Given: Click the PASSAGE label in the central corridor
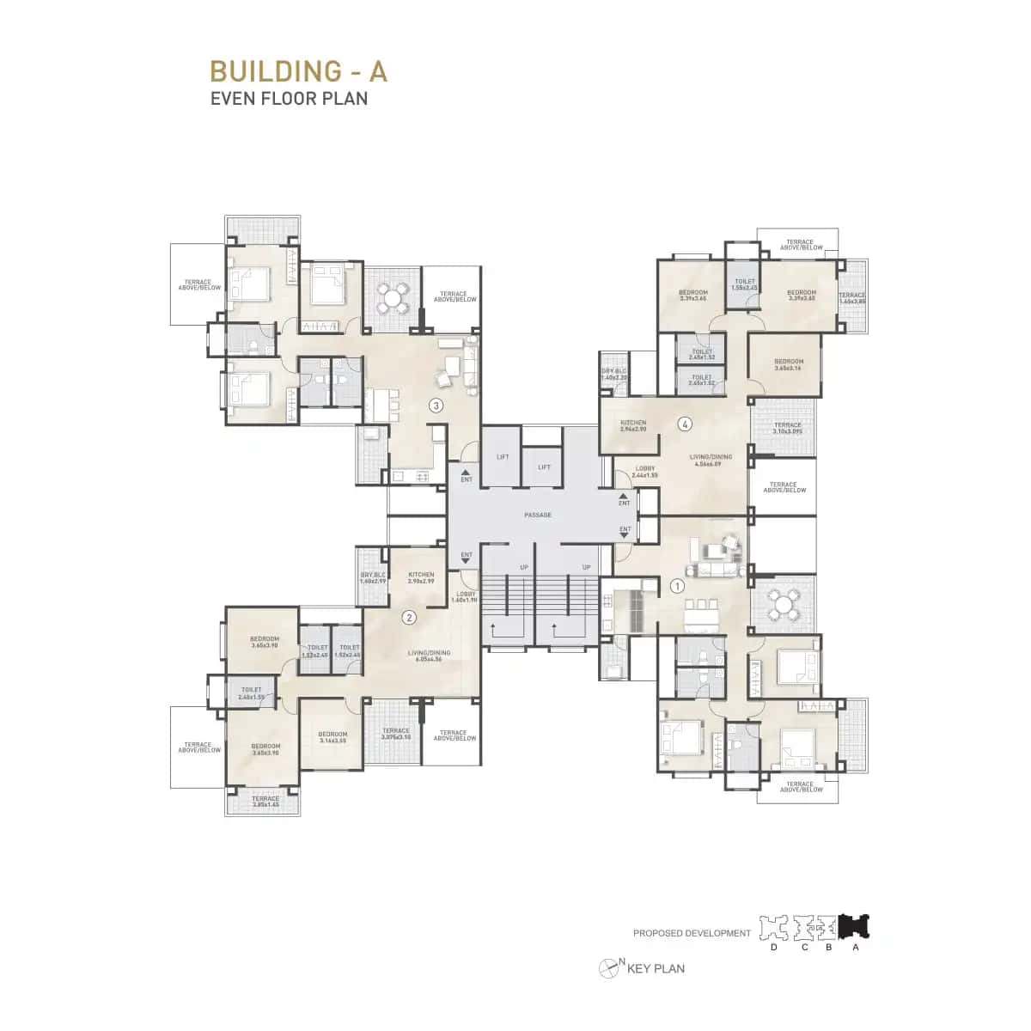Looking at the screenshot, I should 538,515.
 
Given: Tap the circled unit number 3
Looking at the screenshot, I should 436,406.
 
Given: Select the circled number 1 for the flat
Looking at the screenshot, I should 676,587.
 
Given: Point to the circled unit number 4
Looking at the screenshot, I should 685,423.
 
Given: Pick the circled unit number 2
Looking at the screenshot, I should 410,616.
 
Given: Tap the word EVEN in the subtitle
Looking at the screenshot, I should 230,98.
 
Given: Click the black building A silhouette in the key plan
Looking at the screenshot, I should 856,927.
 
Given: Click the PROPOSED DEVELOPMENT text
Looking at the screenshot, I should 692,933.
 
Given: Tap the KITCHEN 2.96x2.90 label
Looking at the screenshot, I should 634,425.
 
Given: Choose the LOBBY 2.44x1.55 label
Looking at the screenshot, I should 645,472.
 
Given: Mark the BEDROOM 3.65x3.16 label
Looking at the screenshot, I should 788,364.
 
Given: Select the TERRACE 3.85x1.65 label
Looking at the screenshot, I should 265,801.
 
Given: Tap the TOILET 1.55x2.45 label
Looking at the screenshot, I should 745,284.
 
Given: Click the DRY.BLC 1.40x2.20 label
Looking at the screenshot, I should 614,374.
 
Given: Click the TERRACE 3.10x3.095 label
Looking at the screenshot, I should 787,428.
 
